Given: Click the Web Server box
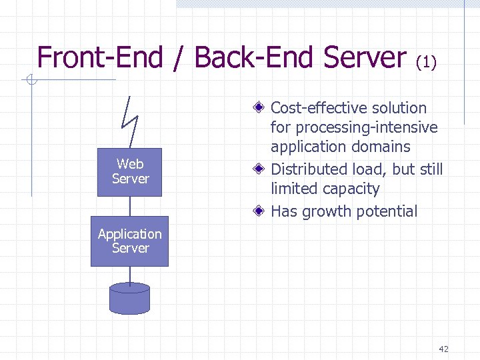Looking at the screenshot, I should pyautogui.click(x=129, y=172).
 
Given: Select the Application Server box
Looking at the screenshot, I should pyautogui.click(x=129, y=241).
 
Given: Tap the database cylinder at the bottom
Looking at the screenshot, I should pyautogui.click(x=129, y=298).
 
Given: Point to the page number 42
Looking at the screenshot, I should pyautogui.click(x=444, y=349).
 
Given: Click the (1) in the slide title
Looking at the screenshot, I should pyautogui.click(x=426, y=62).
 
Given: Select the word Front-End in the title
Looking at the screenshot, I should pyautogui.click(x=100, y=58).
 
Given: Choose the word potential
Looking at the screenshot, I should pyautogui.click(x=387, y=212).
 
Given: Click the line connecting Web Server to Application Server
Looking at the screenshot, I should pyautogui.click(x=130, y=206).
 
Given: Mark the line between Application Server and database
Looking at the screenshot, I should pyautogui.click(x=129, y=274).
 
